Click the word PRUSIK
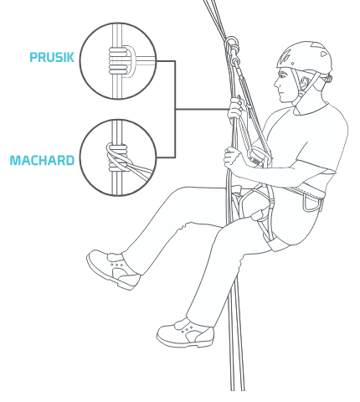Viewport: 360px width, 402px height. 52,57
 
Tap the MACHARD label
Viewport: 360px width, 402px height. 42,161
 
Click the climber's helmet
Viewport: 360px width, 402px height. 305,56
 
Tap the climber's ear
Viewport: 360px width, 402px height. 305,82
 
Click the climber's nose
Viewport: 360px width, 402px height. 276,83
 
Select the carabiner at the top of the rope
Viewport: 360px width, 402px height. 232,45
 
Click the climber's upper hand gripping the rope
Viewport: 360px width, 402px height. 236,110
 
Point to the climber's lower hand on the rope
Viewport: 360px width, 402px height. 233,157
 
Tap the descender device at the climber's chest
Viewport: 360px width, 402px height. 258,157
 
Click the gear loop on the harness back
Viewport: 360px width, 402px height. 311,204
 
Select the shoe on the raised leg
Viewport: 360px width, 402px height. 114,270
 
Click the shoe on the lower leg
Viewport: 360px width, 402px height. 186,332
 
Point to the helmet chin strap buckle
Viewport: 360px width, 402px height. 301,93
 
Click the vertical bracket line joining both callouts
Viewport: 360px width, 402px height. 175,109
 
